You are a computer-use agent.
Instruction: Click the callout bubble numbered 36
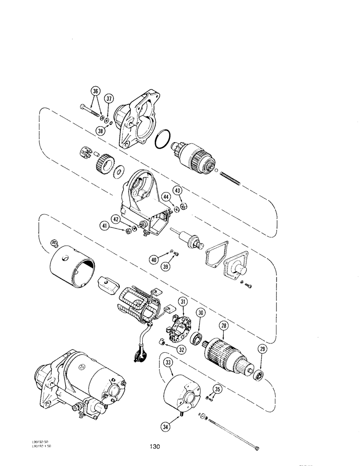tap(96, 92)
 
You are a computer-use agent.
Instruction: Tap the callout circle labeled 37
tap(110, 98)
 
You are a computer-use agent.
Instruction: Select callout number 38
tap(100, 132)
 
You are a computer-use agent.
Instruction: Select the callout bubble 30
tap(200, 313)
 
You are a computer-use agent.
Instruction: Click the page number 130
tap(156, 447)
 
